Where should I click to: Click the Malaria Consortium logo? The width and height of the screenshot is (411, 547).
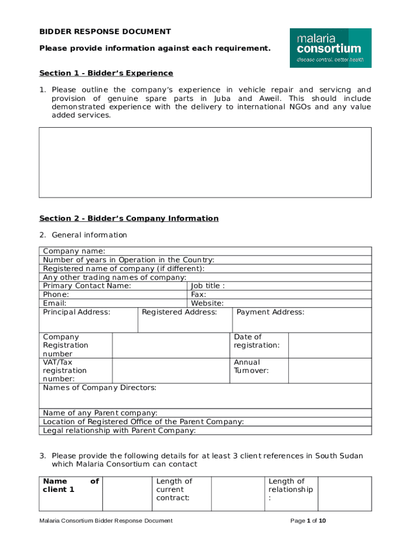pyautogui.click(x=330, y=48)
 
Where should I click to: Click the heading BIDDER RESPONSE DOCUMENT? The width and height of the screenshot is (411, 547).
pyautogui.click(x=105, y=32)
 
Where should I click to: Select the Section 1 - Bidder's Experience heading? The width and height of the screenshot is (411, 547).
pyautogui.click(x=106, y=73)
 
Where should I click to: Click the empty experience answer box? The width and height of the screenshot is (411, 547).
pyautogui.click(x=205, y=162)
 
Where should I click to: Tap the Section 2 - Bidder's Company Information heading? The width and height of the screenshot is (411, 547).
pyautogui.click(x=129, y=218)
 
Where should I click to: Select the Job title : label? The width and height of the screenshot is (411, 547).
pyautogui.click(x=208, y=286)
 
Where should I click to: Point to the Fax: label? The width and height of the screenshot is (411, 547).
pyautogui.click(x=199, y=294)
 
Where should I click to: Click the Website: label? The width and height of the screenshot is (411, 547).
pyautogui.click(x=207, y=303)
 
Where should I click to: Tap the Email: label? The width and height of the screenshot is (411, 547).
pyautogui.click(x=54, y=303)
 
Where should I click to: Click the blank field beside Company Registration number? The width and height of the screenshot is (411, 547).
pyautogui.click(x=171, y=345)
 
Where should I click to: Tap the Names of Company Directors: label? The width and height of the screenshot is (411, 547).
pyautogui.click(x=100, y=388)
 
